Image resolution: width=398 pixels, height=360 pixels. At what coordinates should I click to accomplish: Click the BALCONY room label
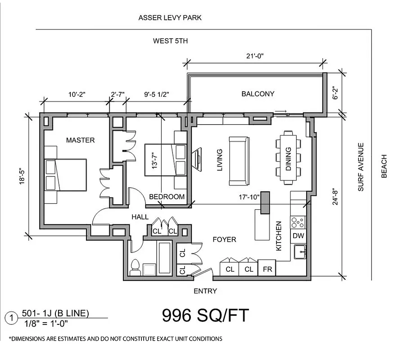pyautogui.click(x=258, y=94)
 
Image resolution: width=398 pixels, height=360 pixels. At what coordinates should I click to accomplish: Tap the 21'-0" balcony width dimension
pyautogui.click(x=254, y=56)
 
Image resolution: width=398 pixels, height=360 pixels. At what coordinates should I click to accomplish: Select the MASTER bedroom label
pyautogui.click(x=80, y=140)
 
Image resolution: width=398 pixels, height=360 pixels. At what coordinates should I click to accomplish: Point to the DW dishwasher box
pyautogui.click(x=298, y=235)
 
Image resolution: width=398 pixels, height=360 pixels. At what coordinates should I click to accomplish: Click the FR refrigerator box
pyautogui.click(x=267, y=269)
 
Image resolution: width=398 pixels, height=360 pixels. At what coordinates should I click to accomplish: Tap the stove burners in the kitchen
pyautogui.click(x=298, y=222)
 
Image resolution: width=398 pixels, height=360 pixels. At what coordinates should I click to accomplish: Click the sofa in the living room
pyautogui.click(x=238, y=161)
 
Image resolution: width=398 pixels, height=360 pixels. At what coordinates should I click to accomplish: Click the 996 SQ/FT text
pyautogui.click(x=205, y=315)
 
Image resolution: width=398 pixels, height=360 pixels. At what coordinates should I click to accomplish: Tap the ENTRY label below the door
pyautogui.click(x=205, y=291)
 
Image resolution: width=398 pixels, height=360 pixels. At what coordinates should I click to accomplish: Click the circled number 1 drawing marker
pyautogui.click(x=10, y=318)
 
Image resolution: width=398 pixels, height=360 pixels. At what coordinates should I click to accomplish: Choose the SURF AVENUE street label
pyautogui.click(x=361, y=167)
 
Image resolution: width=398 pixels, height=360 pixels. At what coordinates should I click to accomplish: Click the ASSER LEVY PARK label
pyautogui.click(x=170, y=18)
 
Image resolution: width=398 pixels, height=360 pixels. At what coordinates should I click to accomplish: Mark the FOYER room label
pyautogui.click(x=224, y=239)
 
